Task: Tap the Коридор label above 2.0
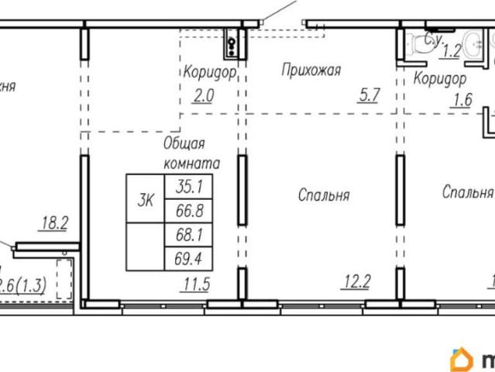[208, 73]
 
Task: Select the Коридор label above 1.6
[439, 78]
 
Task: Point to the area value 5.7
[368, 96]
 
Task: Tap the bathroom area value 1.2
[451, 53]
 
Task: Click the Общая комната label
[191, 153]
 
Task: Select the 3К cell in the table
[146, 200]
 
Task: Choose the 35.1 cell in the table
[188, 187]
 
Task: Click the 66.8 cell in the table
[188, 211]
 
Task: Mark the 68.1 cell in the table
[188, 234]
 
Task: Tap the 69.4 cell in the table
[188, 258]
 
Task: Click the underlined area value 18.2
[54, 224]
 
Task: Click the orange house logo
[460, 360]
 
